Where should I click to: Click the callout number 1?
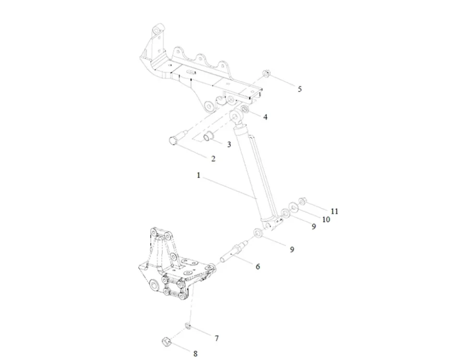coord(198,176)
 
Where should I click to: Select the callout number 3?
coord(229,144)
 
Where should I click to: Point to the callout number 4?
coord(265,117)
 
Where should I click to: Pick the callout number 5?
coord(300,89)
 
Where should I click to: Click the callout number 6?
coord(258,266)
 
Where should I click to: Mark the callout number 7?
coord(217,338)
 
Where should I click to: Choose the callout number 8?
coord(195,354)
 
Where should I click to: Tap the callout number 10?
coord(326,219)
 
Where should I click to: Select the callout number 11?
coord(335,211)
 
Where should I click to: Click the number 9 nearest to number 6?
coord(291,249)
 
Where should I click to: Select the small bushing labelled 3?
coord(209,137)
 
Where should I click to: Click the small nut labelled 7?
coord(189,327)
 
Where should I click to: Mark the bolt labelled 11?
coord(302,201)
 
